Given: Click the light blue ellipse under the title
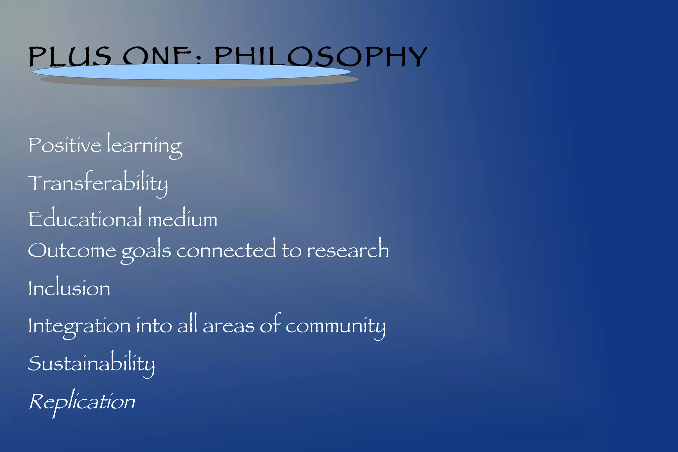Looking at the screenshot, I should tap(191, 72).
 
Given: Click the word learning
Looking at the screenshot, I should tap(144, 146).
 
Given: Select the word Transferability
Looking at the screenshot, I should tap(98, 183).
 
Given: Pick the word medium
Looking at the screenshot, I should tap(182, 219).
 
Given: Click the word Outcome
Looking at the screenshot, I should tap(72, 250).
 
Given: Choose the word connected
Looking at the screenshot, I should tap(226, 250).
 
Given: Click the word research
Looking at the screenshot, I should tap(348, 250).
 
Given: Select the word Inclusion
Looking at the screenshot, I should tap(69, 288).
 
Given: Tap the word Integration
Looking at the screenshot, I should tap(79, 326).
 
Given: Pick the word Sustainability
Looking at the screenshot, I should tap(91, 364).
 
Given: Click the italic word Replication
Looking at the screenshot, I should tap(82, 402).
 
